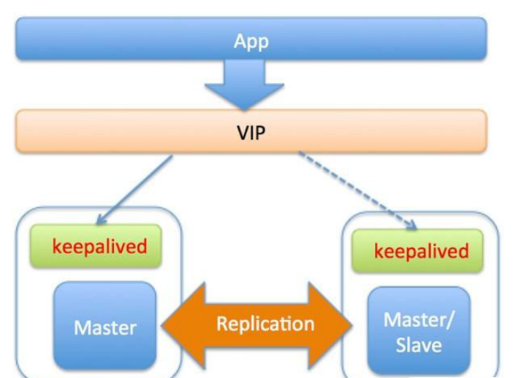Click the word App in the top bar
click(250, 41)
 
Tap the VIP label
click(251, 132)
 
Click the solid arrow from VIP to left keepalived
click(136, 186)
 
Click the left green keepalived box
click(96, 246)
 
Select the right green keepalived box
click(417, 250)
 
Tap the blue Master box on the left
click(105, 325)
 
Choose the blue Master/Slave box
click(417, 331)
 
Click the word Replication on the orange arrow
click(265, 324)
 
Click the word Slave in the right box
click(417, 345)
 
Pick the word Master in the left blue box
click(105, 327)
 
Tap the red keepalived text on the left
click(99, 246)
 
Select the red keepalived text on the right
click(421, 251)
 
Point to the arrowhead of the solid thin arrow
click(101, 219)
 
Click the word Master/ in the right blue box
click(417, 320)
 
